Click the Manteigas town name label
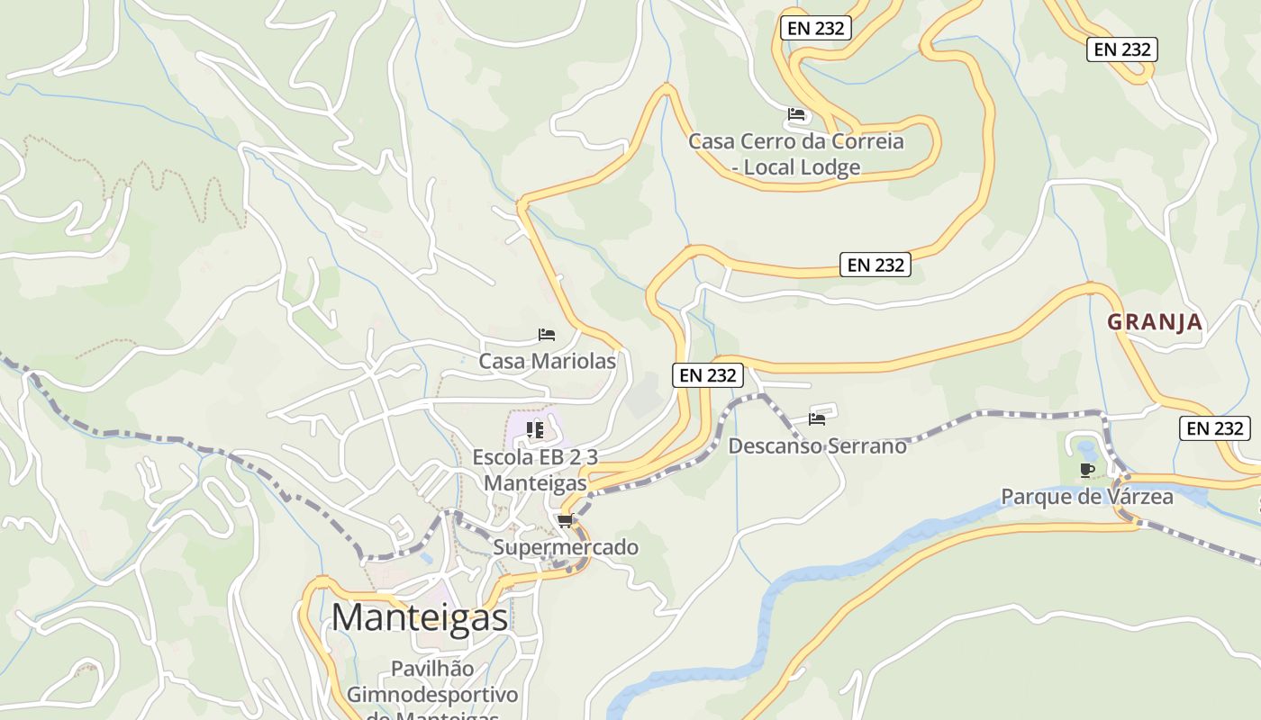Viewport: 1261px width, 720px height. point(420,617)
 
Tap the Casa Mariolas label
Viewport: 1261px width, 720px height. point(547,362)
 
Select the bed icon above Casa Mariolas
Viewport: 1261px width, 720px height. point(547,335)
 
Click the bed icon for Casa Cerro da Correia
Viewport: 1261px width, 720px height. point(796,114)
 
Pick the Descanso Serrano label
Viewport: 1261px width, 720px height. point(817,445)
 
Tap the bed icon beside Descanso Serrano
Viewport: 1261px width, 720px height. point(817,418)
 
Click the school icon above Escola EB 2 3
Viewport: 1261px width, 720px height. point(535,430)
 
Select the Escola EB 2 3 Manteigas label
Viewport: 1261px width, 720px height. point(535,470)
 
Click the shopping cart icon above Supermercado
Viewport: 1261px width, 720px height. point(565,520)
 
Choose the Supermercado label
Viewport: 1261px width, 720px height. point(565,547)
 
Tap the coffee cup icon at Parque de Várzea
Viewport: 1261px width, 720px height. point(1087,470)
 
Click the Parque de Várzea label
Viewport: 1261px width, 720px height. point(1087,497)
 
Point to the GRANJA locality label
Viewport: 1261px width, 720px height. point(1155,322)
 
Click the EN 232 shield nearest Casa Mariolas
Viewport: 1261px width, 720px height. point(708,375)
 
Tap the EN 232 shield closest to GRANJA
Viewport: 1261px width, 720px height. point(1215,428)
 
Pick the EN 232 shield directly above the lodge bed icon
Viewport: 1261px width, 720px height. point(816,28)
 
